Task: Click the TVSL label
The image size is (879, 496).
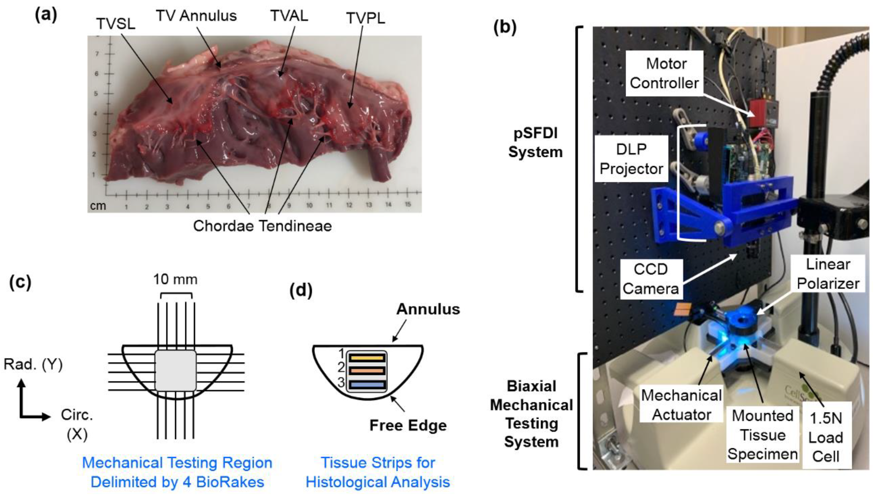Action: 116,24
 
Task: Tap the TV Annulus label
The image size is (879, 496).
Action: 196,16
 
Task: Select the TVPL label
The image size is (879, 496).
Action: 365,18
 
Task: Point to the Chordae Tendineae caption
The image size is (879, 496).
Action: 262,226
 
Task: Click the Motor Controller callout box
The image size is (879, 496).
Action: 664,73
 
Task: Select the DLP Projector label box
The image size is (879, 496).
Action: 631,159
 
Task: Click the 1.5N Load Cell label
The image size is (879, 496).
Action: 825,437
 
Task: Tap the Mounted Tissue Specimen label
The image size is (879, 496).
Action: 762,435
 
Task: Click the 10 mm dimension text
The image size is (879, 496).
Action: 175,279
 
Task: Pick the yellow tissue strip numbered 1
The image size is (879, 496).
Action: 367,358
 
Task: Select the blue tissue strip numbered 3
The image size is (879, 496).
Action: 367,385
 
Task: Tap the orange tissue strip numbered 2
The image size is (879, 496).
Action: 367,371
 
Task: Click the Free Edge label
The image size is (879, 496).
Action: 408,425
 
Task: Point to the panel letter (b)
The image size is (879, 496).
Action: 505,27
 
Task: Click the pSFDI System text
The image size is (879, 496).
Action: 535,143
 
